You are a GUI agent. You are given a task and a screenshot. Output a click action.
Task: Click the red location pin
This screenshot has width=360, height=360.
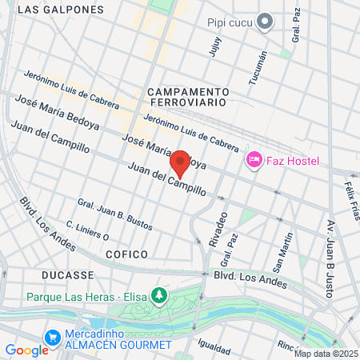tap(181, 162)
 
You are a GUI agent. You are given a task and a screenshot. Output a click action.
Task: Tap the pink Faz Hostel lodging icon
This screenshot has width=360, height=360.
tap(254, 161)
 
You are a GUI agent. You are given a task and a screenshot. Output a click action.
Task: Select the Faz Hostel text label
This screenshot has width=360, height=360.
tap(293, 161)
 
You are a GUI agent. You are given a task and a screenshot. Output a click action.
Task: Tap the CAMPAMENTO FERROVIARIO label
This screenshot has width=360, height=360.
tap(189, 98)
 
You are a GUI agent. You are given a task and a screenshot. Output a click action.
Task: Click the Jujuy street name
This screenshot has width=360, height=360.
tap(214, 47)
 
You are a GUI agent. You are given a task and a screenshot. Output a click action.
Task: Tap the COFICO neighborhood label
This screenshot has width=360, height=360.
tap(126, 254)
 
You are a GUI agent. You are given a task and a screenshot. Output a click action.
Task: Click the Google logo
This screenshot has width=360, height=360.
tap(26, 350)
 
